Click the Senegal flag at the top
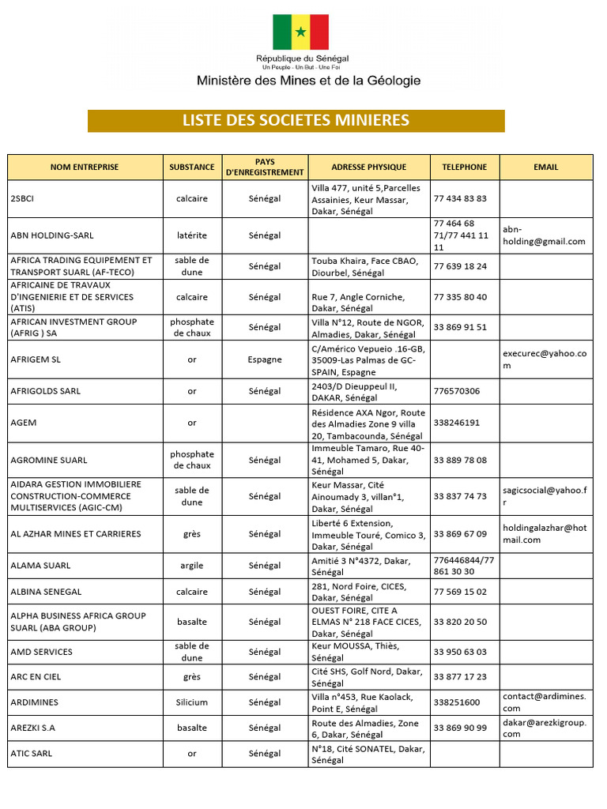[x=300, y=32]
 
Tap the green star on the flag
[x=301, y=32]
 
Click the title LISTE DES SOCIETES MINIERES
[x=296, y=121]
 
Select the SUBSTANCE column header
[x=192, y=167]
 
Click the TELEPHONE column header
[x=465, y=167]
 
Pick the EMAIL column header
[x=545, y=167]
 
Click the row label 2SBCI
[x=22, y=199]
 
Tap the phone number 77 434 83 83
[x=460, y=199]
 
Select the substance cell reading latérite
[x=192, y=235]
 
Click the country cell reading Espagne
[x=264, y=359]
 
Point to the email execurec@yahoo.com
[x=545, y=359]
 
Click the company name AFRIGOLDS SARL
[x=45, y=391]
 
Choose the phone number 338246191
[x=457, y=423]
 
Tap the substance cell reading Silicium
[x=192, y=702]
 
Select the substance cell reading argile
[x=192, y=566]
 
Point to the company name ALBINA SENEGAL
[x=46, y=592]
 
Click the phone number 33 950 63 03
[x=460, y=652]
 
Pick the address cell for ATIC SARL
[x=368, y=754]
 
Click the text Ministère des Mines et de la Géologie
[x=308, y=81]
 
